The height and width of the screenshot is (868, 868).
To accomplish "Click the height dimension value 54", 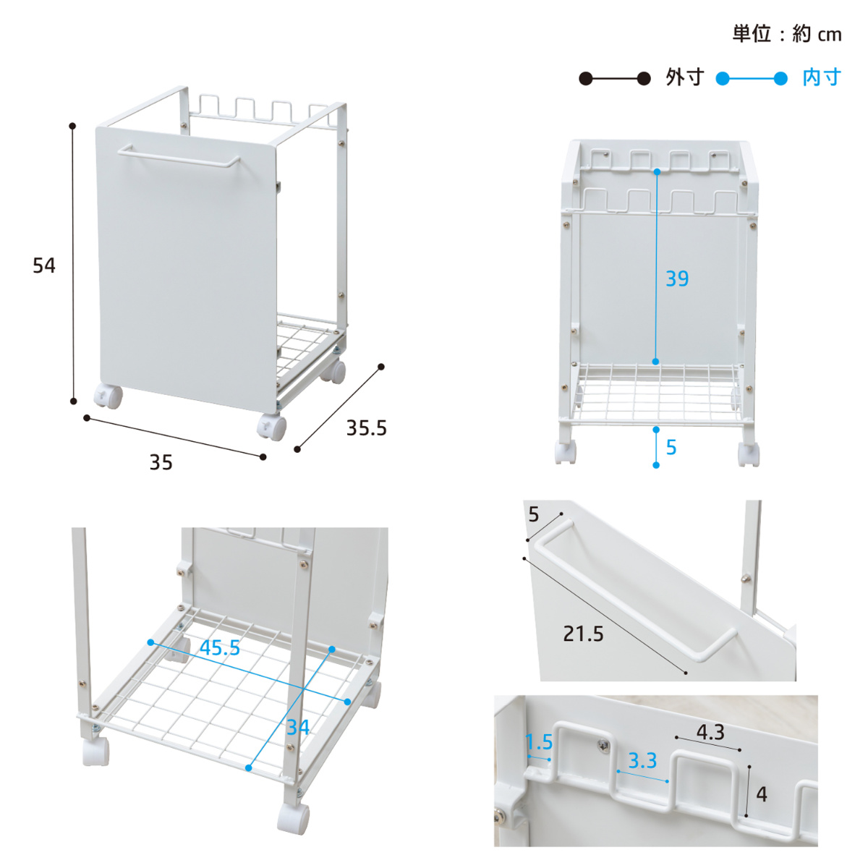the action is click(x=44, y=265).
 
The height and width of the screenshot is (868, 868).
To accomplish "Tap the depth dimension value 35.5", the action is click(x=366, y=428).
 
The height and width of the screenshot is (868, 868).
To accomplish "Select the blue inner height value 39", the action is click(x=677, y=278).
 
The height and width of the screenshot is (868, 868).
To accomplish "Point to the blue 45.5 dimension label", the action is click(x=220, y=647).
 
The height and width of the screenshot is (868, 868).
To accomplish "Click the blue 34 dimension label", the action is click(x=298, y=727).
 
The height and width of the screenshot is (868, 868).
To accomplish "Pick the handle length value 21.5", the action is click(x=583, y=634).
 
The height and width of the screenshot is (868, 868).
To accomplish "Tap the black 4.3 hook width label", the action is click(x=710, y=733).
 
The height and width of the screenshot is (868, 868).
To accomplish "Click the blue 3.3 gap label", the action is click(x=642, y=761).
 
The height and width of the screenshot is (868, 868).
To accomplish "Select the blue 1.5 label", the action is click(x=539, y=742).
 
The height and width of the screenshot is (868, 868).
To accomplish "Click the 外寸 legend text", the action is click(x=685, y=78).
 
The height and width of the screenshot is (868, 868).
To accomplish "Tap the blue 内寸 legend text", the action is click(x=822, y=78).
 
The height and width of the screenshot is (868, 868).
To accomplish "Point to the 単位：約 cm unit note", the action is click(x=787, y=34).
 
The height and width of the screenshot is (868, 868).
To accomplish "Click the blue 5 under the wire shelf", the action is click(x=671, y=447).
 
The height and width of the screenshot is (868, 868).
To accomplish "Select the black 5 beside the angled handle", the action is click(x=534, y=514).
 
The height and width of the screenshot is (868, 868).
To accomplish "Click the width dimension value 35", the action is click(x=161, y=463).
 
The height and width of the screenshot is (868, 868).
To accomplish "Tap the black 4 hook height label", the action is click(x=761, y=794).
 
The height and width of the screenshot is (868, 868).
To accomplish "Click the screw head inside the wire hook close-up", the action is click(x=604, y=746).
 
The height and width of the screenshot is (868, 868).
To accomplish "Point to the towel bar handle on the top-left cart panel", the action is click(x=179, y=156).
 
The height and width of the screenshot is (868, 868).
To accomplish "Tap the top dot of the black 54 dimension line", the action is click(x=72, y=126).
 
